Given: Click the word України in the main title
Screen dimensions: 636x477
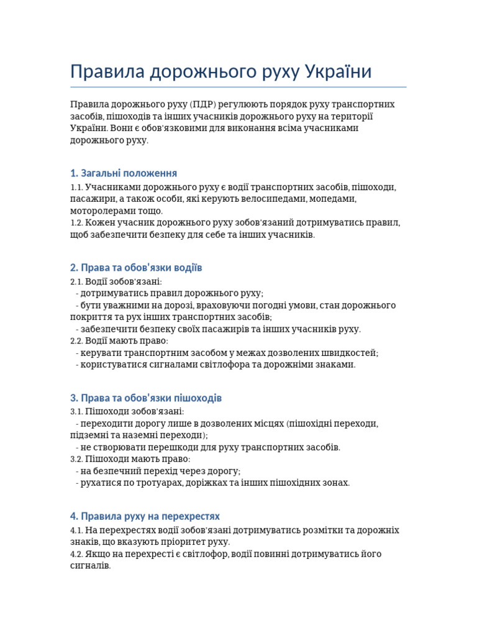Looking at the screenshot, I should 338,71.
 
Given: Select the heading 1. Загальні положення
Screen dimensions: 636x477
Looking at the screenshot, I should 124,173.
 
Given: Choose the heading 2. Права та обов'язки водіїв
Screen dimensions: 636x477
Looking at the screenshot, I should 136,268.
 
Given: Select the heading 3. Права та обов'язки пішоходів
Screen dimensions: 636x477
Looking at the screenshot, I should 146,397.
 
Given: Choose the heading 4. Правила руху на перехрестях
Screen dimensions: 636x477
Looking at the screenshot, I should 145,516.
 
